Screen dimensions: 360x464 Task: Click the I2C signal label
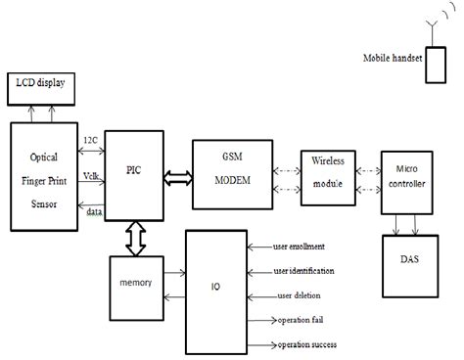tap(91, 141)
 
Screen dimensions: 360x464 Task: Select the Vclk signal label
tap(91, 176)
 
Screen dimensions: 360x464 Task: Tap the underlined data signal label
tap(93, 211)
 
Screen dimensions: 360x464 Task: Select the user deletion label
tap(301, 295)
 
